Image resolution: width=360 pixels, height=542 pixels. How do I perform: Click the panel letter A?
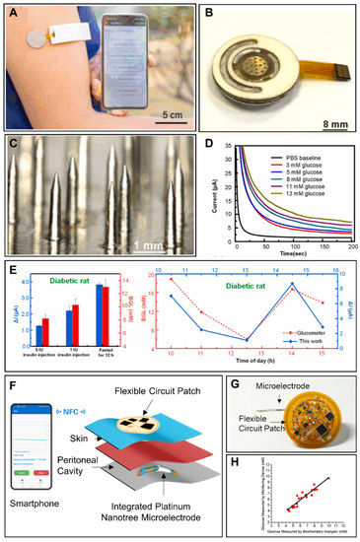tap(12, 11)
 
